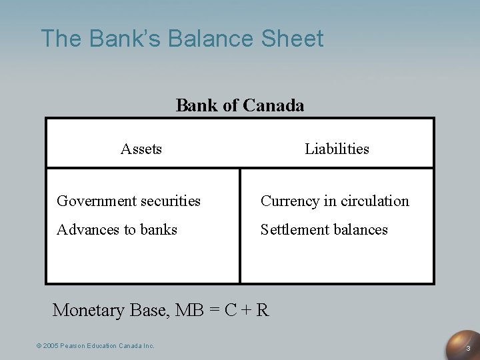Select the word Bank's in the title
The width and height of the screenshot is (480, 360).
coord(126,38)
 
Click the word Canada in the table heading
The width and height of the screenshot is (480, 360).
coord(274,105)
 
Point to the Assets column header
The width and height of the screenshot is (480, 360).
coord(141,149)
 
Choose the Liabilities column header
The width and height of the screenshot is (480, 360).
coord(337,149)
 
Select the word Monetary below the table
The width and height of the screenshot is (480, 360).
coord(88,311)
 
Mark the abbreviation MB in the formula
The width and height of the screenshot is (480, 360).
coord(187,310)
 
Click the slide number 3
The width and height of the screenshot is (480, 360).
coord(468,349)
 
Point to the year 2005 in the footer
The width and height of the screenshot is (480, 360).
coord(51,345)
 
